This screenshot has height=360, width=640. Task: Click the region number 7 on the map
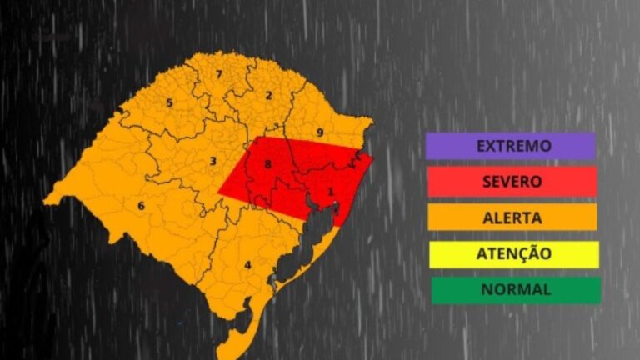coord(218,75)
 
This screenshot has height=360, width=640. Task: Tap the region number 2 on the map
coord(268,95)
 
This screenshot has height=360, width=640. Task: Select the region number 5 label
coord(169,103)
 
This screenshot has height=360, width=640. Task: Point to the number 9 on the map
coord(319,132)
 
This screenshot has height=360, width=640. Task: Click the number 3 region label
coord(213,161)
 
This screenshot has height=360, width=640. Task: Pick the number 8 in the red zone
coord(267,165)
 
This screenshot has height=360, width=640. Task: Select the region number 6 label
coord(141,206)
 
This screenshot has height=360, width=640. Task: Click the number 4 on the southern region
coord(247,266)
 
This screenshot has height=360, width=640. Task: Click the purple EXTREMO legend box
coord(510,146)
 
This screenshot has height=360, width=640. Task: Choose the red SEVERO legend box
coord(511,181)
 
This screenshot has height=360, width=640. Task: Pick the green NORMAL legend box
coord(515,290)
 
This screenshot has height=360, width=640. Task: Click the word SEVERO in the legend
coord(511,181)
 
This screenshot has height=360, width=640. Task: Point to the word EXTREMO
coord(513,146)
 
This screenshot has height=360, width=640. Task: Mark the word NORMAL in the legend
coord(515,290)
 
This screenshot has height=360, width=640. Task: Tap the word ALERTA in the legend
coord(512,217)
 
